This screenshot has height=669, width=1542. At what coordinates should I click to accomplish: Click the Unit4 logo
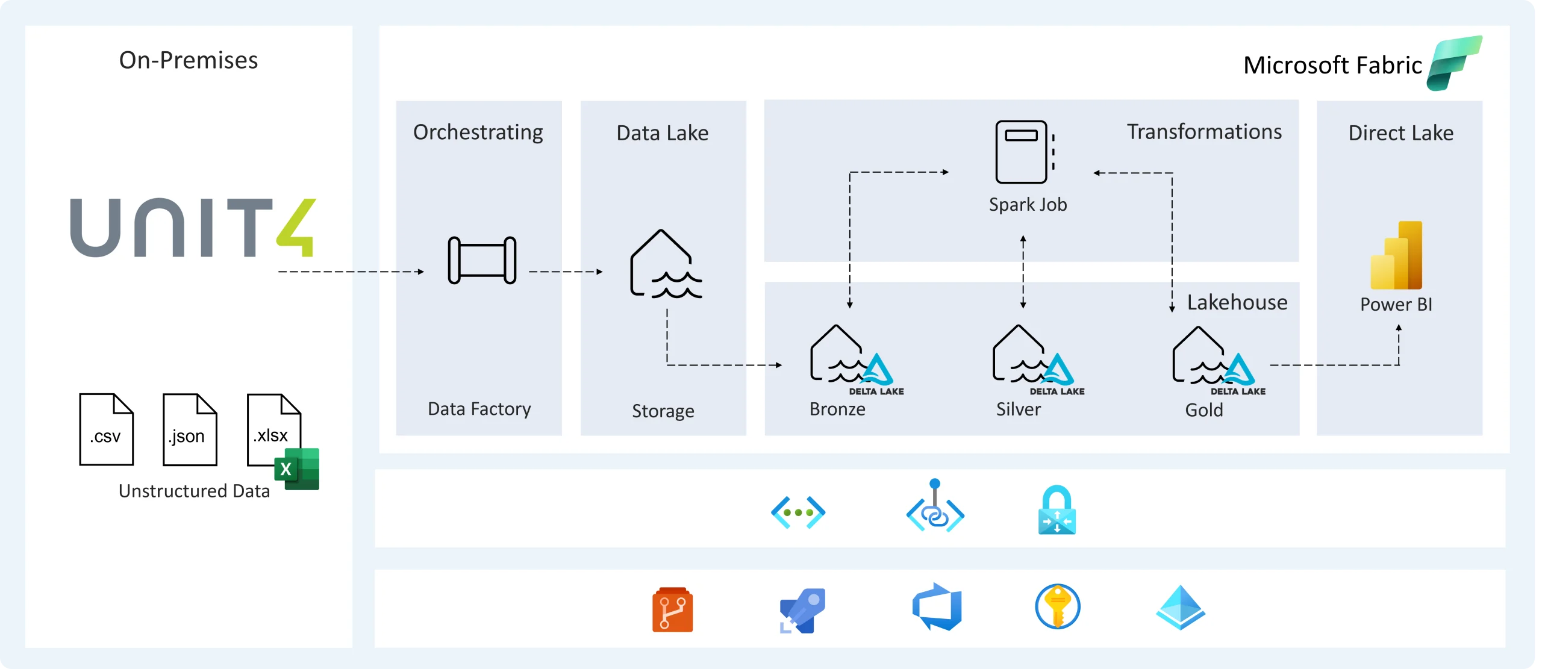[x=193, y=228]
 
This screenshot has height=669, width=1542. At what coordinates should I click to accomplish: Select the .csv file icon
[x=106, y=429]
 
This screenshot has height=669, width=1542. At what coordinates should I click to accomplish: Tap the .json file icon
[x=190, y=429]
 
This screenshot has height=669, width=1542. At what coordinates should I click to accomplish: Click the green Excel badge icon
[x=296, y=469]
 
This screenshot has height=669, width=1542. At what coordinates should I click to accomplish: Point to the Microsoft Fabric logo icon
[x=1453, y=63]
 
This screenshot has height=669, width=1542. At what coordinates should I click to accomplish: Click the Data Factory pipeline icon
[x=482, y=260]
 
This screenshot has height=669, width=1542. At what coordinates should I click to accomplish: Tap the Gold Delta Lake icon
[x=1212, y=356]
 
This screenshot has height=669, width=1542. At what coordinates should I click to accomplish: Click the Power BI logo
[x=1396, y=255]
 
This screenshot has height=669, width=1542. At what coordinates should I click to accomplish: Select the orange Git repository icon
[x=672, y=609]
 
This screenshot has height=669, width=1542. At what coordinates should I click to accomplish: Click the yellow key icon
[x=1057, y=607]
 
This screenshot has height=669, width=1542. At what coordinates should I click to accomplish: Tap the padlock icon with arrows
[x=1057, y=510]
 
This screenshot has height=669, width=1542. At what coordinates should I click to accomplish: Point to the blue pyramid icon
[x=1180, y=608]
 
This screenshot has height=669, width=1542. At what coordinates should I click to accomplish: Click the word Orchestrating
[x=478, y=132]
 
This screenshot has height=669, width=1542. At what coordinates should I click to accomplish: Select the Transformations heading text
[x=1204, y=132]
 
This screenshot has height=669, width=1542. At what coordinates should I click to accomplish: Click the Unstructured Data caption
[x=194, y=491]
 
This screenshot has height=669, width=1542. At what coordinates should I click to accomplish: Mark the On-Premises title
[x=189, y=60]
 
